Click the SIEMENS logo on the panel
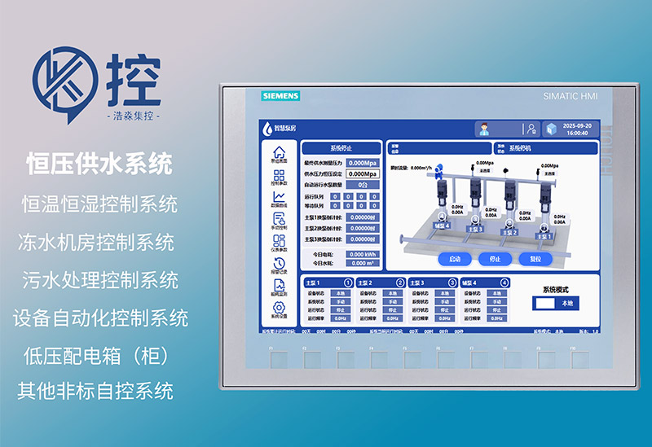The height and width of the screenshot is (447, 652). coord(280,96)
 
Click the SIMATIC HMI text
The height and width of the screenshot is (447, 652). coord(570,96)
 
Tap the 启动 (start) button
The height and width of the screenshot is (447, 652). coord(455,259)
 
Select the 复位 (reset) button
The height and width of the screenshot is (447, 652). coord(535,259)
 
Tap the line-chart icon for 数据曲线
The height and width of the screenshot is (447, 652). coord(279,196)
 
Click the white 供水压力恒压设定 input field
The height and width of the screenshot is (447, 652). coord(362,173)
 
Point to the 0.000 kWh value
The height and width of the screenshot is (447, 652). coord(362,254)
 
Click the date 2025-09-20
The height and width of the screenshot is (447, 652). coord(576,125)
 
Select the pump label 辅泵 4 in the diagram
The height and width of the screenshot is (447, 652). coord(441,226)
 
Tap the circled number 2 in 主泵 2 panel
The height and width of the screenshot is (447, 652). coord(399,283)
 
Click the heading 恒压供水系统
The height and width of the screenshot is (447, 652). coord(99,164)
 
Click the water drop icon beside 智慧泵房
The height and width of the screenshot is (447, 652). coord(267,128)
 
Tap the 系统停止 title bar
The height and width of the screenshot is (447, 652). coord(341,148)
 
